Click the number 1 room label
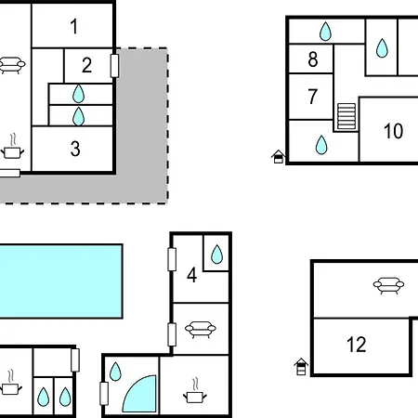74,26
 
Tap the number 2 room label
87,65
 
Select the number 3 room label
75,149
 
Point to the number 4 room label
192,275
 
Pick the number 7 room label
313,97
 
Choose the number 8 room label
313,59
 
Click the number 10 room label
393,131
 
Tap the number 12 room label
357,345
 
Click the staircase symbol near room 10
346,116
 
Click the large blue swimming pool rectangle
60,281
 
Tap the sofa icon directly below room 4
201,330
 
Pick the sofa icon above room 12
388,285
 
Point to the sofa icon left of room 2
12,65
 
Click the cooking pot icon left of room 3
12,147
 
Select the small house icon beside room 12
301,367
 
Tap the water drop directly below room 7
321,145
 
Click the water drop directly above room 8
325,32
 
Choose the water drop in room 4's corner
216,255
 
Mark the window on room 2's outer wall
114,66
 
